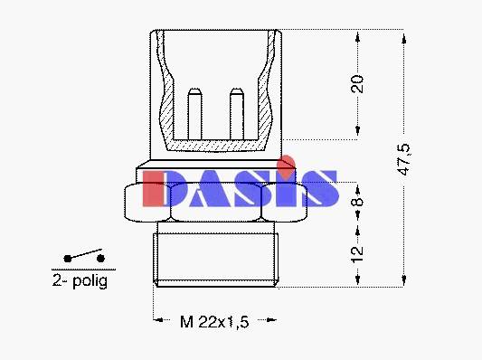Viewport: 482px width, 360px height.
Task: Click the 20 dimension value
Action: tap(357, 83)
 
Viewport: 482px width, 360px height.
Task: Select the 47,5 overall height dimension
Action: tap(404, 159)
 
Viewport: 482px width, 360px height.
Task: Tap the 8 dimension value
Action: tap(357, 202)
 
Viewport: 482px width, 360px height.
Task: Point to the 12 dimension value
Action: tap(357, 254)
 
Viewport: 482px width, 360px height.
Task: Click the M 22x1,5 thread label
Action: tap(214, 322)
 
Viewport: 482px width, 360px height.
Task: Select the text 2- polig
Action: tap(80, 280)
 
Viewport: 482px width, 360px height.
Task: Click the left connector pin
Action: tap(194, 114)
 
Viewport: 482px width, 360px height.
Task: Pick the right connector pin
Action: tap(237, 114)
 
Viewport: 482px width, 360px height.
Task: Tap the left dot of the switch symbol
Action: tap(68, 259)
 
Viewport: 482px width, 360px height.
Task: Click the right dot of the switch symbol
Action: tap(100, 258)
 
